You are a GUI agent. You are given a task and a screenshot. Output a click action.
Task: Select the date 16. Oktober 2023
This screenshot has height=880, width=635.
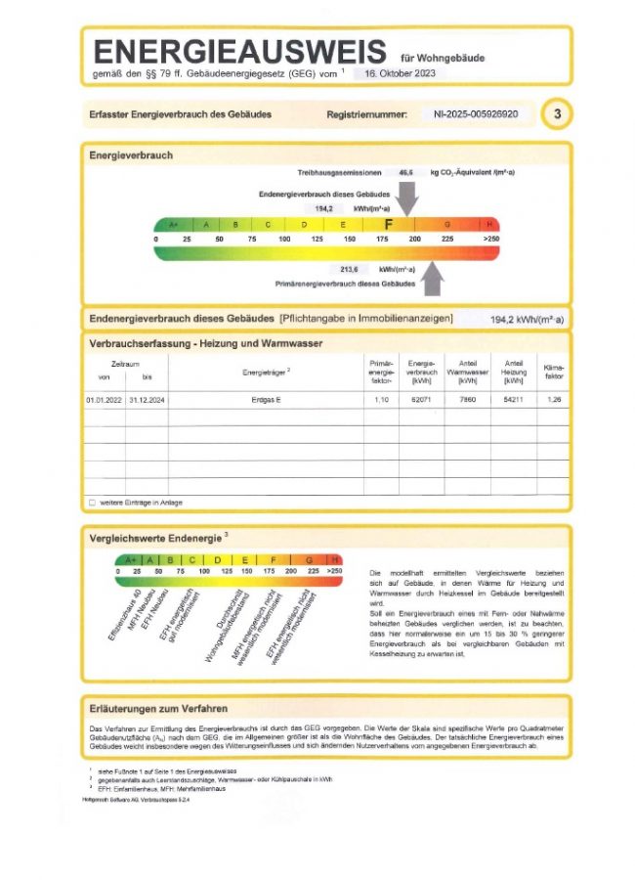400,73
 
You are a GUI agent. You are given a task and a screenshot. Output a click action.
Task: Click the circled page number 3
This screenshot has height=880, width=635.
557,114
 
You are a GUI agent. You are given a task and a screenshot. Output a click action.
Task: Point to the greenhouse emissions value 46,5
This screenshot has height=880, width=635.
405,172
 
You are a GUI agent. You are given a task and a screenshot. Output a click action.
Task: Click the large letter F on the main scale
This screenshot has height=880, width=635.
389,225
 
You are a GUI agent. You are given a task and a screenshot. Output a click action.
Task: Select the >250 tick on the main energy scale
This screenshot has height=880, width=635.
490,239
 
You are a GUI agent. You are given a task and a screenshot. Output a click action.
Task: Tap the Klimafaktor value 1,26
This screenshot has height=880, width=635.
555,401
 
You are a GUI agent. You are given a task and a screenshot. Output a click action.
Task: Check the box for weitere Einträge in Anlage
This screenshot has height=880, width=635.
92,503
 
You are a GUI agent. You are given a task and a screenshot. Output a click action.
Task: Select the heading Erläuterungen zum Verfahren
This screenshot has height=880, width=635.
158,707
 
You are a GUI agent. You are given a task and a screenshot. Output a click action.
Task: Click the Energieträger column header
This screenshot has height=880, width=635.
266,372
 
